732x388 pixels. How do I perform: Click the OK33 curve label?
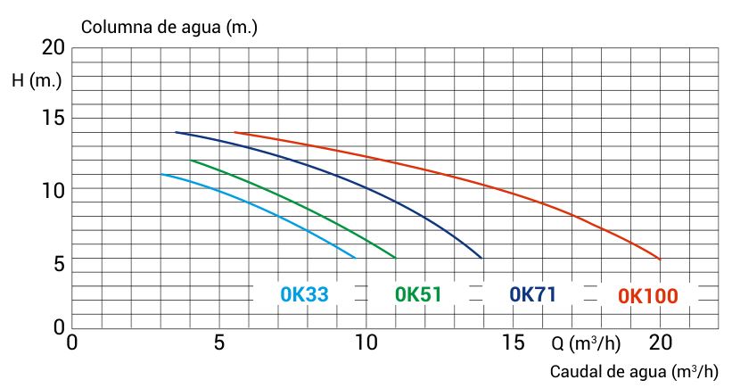pyautogui.click(x=304, y=294)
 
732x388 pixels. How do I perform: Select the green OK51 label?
pyautogui.click(x=418, y=294)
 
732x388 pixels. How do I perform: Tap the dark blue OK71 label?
pyautogui.click(x=533, y=294)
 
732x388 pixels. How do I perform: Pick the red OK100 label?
pyautogui.click(x=648, y=295)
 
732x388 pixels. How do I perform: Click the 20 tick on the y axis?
pyautogui.click(x=53, y=47)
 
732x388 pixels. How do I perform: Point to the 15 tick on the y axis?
pyautogui.click(x=53, y=119)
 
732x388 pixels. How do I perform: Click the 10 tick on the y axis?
pyautogui.click(x=53, y=189)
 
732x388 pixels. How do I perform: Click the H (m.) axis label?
pyautogui.click(x=37, y=81)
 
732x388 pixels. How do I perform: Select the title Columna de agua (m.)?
pyautogui.click(x=169, y=27)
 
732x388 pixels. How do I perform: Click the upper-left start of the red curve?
pyautogui.click(x=235, y=132)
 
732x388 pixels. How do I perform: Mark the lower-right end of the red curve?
pyautogui.click(x=660, y=259)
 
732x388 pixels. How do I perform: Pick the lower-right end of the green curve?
pyautogui.click(x=395, y=258)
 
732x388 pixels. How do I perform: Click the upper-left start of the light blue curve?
pyautogui.click(x=161, y=174)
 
